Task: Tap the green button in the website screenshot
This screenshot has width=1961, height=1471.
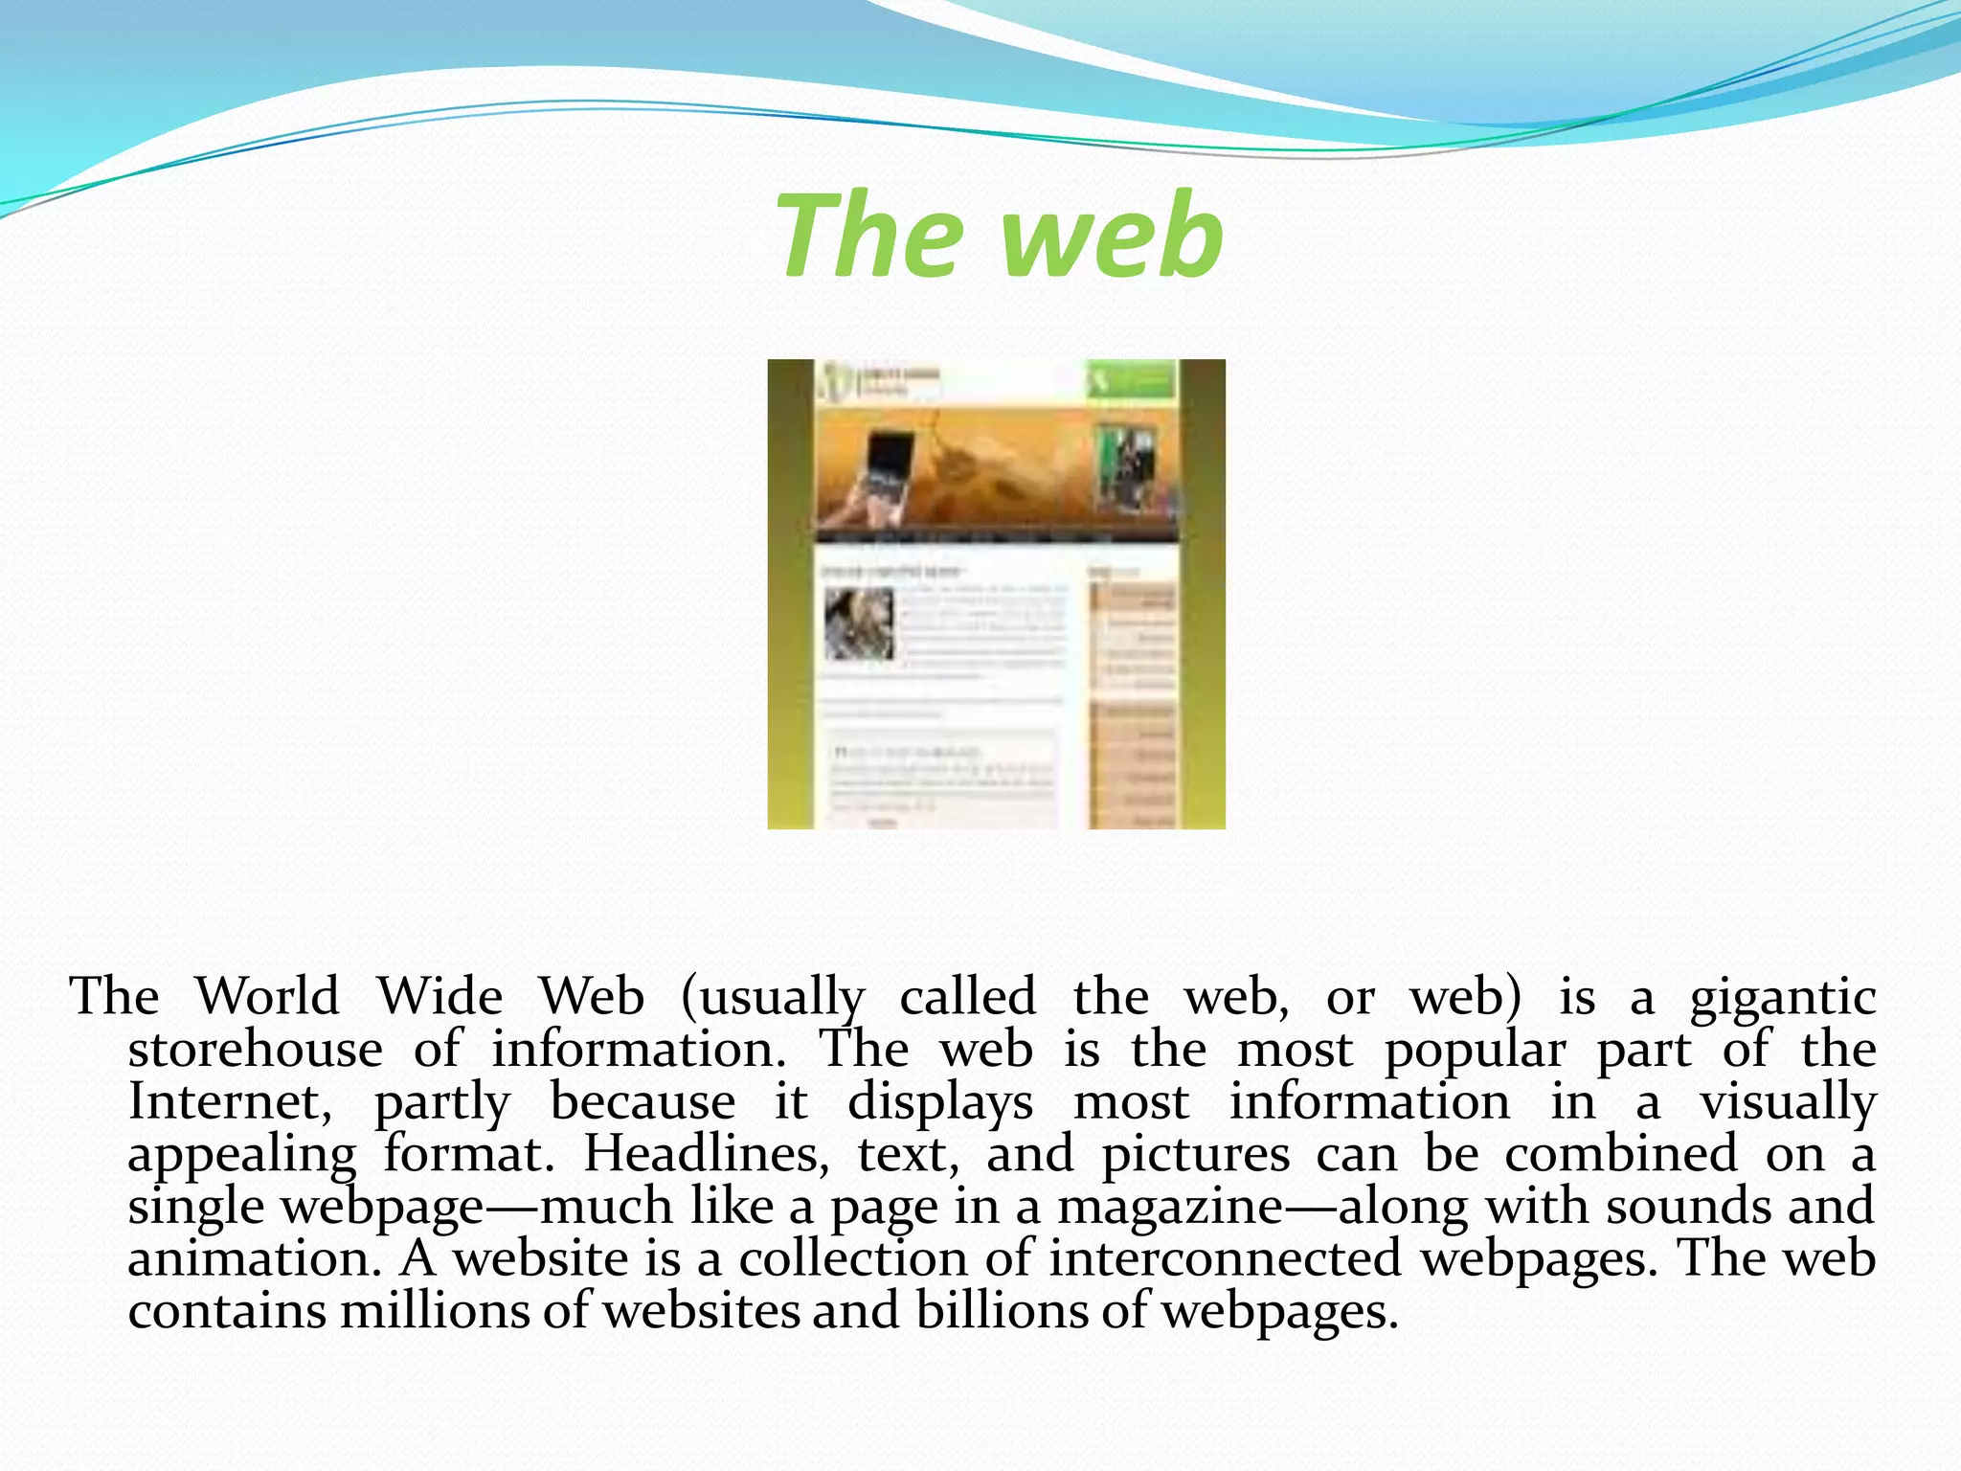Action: [1131, 381]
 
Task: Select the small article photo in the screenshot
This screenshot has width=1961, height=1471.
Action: [859, 623]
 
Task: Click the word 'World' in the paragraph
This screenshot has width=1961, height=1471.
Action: [267, 996]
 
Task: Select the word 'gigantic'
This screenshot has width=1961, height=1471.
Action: [1782, 998]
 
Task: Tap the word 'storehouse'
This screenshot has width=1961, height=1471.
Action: [255, 1049]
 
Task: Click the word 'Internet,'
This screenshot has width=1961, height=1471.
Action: [230, 1101]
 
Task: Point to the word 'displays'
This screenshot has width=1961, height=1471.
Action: [940, 1102]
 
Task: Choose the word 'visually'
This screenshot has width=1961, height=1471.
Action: [1787, 1102]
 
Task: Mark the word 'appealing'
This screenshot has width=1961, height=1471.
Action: [242, 1155]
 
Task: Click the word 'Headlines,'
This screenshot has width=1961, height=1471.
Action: [707, 1153]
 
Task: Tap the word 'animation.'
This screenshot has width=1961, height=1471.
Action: [255, 1258]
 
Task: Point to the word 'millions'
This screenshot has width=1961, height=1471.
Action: [434, 1310]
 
